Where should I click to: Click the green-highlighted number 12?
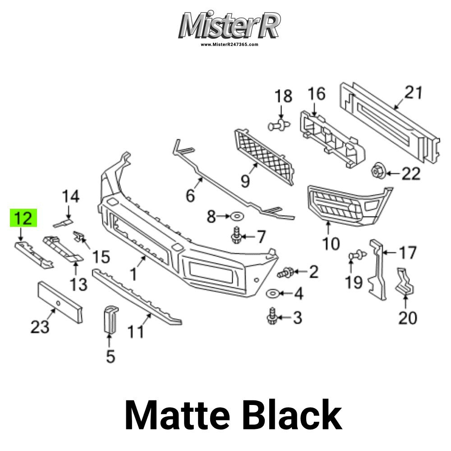[23, 218]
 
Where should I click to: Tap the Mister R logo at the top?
[229, 26]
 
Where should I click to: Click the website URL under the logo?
[229, 45]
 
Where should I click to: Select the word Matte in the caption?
[177, 415]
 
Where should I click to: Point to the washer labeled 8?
[236, 216]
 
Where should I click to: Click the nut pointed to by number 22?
[377, 171]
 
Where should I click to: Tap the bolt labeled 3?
[272, 317]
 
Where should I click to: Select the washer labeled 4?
[272, 294]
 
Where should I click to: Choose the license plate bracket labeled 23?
[60, 302]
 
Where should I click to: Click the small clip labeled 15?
[78, 236]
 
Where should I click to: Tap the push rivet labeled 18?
[279, 125]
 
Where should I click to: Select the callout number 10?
[331, 244]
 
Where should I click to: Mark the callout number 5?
[110, 356]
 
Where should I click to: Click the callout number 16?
[317, 94]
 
